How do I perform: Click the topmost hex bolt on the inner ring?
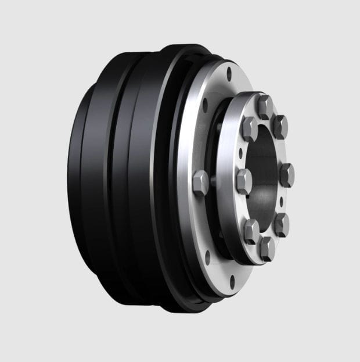[x=265, y=106]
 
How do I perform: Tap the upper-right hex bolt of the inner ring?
[x=280, y=126]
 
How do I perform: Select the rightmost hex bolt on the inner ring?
[x=286, y=174]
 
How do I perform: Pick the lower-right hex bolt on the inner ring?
[x=282, y=224]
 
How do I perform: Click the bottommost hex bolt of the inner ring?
[x=267, y=249]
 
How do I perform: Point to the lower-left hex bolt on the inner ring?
[x=251, y=231]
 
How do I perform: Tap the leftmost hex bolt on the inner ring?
[x=244, y=181]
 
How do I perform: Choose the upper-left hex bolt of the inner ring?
[x=250, y=129]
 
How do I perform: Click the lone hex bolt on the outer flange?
[x=201, y=182]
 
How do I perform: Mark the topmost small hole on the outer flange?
[x=229, y=74]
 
